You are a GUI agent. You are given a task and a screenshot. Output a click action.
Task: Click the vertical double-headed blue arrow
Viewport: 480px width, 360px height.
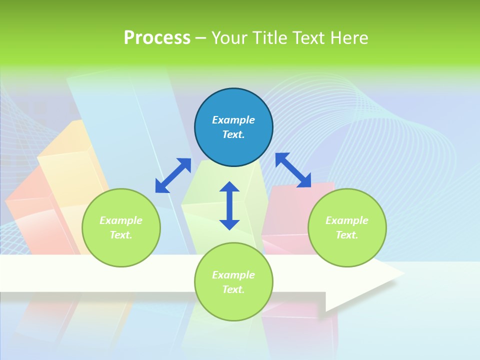tap(229, 205)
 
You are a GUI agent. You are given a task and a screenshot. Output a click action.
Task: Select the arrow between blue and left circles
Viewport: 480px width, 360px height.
tap(173, 175)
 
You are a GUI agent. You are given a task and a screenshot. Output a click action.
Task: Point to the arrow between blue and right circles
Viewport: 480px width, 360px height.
tap(293, 170)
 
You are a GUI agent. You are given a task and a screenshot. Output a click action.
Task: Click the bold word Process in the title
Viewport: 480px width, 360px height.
tap(157, 37)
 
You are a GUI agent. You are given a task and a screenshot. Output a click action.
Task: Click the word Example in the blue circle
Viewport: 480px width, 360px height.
tap(233, 120)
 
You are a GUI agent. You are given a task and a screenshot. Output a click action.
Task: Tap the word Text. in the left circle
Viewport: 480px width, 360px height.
tap(121, 235)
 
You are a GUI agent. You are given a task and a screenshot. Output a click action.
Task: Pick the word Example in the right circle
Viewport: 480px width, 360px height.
tap(347, 220)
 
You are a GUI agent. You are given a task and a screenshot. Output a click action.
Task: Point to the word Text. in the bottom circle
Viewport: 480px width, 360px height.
tap(233, 289)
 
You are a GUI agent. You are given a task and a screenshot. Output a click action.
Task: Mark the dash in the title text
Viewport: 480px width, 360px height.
tap(200, 38)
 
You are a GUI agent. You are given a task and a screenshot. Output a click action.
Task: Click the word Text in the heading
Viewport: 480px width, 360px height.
tap(309, 37)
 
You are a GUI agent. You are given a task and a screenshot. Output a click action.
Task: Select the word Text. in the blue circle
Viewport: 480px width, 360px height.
tap(233, 134)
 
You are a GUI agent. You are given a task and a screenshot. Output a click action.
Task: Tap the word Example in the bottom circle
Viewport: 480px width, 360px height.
tap(233, 275)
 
